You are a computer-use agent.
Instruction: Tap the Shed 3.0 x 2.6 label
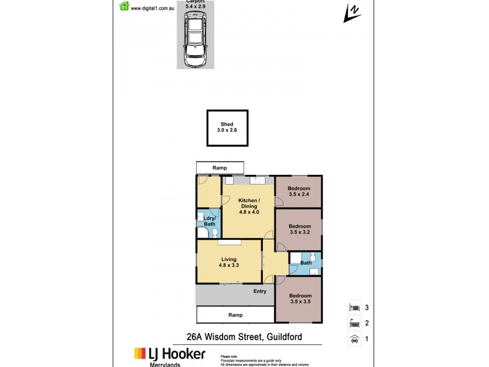(x=227, y=127)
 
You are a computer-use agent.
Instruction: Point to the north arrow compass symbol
(x=351, y=13)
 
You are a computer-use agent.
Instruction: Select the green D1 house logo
(x=125, y=7)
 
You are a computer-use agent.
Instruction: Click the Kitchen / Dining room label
(x=248, y=206)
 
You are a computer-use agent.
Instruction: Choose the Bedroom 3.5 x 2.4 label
(x=300, y=191)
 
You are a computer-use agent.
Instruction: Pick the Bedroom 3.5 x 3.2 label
(x=300, y=229)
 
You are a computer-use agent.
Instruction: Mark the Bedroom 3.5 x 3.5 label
(x=300, y=299)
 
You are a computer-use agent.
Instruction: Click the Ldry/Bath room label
(x=210, y=221)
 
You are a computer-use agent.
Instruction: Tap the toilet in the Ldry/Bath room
(x=206, y=232)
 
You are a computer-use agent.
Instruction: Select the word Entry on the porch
(x=260, y=291)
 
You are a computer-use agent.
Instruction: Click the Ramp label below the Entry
(x=235, y=315)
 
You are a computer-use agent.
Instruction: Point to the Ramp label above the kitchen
(x=219, y=168)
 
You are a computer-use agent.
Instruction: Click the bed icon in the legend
(x=353, y=308)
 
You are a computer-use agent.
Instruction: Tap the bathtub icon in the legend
(x=353, y=324)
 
